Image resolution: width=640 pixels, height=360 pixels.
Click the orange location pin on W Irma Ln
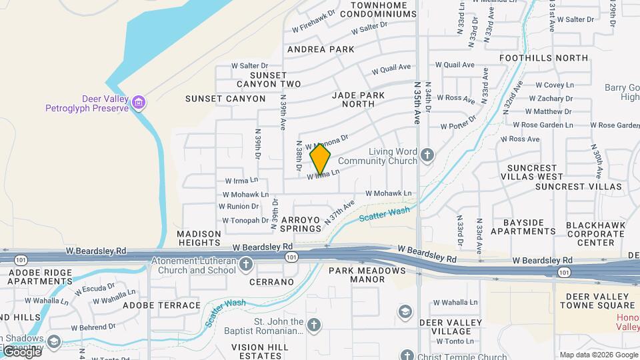tap(321, 159)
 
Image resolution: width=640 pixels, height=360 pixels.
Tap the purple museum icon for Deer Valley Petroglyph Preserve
tap(139, 103)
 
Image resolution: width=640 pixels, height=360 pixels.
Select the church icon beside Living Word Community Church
tap(427, 155)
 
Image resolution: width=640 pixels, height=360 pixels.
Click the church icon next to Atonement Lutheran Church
tap(246, 265)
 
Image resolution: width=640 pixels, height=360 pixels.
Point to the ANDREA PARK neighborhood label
tap(321, 49)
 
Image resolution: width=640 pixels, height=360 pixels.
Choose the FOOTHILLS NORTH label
tap(543, 58)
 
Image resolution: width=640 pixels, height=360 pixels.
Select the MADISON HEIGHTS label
tap(199, 239)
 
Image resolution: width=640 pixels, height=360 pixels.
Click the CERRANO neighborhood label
tap(271, 282)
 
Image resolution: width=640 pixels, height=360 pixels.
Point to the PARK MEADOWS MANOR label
tap(367, 275)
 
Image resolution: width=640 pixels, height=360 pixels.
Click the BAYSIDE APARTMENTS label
tap(523, 227)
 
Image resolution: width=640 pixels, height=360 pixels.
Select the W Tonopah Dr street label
tap(245, 220)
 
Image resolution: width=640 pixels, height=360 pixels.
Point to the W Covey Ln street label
tap(554, 85)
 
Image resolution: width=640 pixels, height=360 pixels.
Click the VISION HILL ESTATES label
tap(260, 351)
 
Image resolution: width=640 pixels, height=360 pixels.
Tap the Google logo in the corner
tap(21, 351)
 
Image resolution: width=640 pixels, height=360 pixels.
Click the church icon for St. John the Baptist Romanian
tap(314, 325)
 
